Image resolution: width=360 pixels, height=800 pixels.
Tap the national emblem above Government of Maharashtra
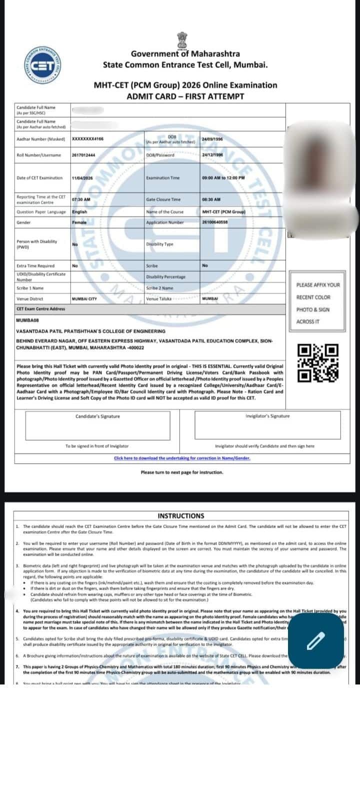(181, 39)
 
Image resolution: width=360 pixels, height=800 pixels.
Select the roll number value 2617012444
(83, 155)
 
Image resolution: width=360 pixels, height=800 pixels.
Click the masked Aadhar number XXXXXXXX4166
(87, 138)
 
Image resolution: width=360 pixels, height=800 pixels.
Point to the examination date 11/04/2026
(82, 178)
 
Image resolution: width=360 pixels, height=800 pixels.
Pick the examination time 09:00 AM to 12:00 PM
(223, 178)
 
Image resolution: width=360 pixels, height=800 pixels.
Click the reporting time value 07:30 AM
(81, 199)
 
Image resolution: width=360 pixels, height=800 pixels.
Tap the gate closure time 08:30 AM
(211, 199)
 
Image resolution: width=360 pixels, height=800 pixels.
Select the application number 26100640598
(215, 222)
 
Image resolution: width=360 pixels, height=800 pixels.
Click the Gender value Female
(79, 222)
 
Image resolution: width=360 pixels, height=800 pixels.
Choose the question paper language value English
(79, 212)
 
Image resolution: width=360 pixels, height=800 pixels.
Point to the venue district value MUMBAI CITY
(84, 299)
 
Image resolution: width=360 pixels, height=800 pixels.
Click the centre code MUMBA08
(27, 320)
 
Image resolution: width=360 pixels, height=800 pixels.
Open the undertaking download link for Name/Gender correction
(182, 458)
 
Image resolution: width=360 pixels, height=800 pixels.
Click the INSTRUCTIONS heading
(180, 516)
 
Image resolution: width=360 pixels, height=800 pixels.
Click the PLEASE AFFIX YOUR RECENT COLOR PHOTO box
(317, 303)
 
